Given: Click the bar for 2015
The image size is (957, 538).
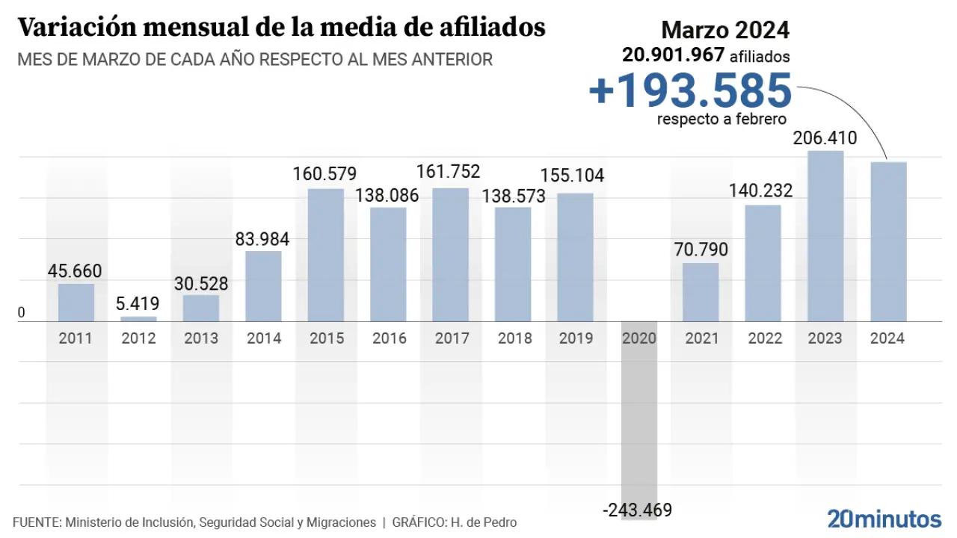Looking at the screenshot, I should pyautogui.click(x=326, y=255).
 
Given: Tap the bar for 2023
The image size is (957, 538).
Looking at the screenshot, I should pyautogui.click(x=825, y=236).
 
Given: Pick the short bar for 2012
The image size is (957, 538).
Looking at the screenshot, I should pyautogui.click(x=139, y=319).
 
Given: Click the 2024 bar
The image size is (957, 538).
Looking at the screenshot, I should pyautogui.click(x=888, y=241).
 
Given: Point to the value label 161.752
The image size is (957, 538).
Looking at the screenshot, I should pyautogui.click(x=449, y=171).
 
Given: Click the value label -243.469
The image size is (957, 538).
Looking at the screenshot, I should pyautogui.click(x=637, y=510).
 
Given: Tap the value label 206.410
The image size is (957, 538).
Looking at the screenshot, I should pyautogui.click(x=825, y=138).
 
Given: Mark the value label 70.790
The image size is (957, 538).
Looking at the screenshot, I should pyautogui.click(x=701, y=250).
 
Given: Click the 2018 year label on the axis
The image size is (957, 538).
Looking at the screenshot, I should pyautogui.click(x=513, y=338).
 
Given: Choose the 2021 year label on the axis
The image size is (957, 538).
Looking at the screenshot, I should pyautogui.click(x=701, y=338).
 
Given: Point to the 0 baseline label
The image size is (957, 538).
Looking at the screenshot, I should pyautogui.click(x=21, y=312).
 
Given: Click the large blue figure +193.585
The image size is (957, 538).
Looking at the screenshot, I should pyautogui.click(x=689, y=90).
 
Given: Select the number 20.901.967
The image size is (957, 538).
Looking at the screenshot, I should pyautogui.click(x=673, y=55).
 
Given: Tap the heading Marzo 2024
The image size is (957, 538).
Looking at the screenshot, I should pyautogui.click(x=725, y=30).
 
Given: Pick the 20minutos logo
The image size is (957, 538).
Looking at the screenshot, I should pyautogui.click(x=884, y=519).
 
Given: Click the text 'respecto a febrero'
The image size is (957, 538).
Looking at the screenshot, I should pyautogui.click(x=721, y=119).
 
